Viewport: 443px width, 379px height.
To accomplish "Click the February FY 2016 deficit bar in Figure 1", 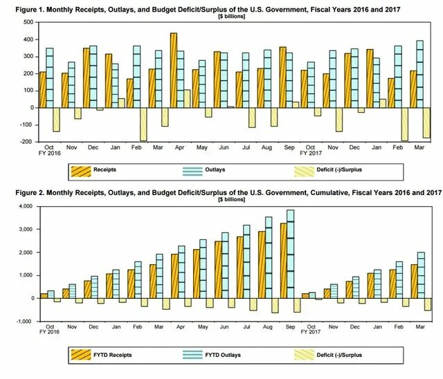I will coord(143,124).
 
